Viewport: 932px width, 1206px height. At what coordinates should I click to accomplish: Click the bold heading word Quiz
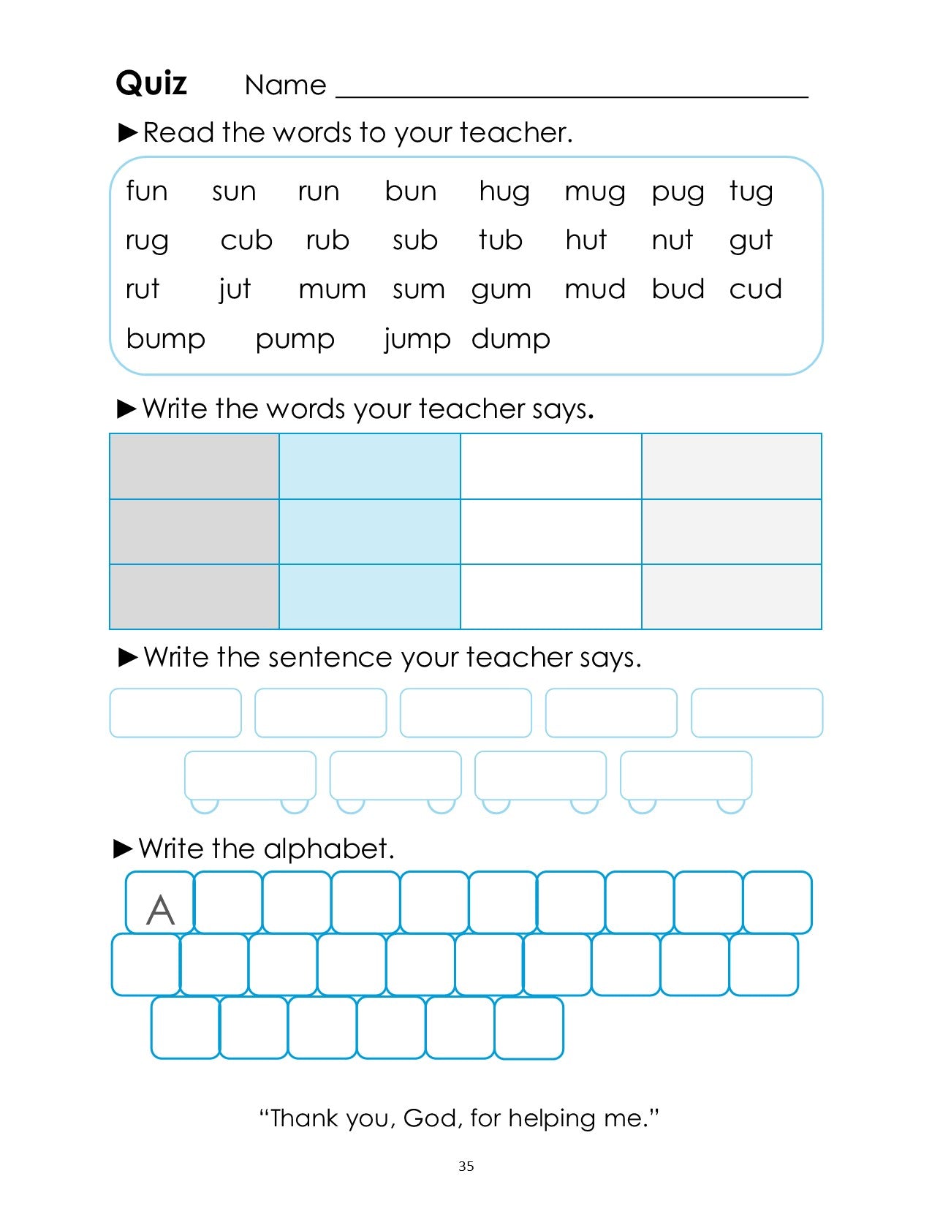click(x=151, y=83)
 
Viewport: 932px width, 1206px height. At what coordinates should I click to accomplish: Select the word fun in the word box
click(x=147, y=191)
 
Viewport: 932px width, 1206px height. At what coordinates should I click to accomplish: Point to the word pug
click(x=678, y=193)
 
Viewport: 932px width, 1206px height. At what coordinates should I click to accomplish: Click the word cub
click(x=246, y=240)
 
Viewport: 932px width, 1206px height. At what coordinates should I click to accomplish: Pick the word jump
click(x=417, y=340)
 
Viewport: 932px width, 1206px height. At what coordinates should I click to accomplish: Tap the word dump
click(x=511, y=339)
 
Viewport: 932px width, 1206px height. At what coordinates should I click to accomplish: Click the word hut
click(x=586, y=240)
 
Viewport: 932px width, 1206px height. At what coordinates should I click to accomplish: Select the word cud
click(x=755, y=289)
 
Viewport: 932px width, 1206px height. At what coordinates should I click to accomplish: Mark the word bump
click(x=166, y=340)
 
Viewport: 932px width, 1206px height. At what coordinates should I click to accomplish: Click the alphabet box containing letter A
click(x=160, y=903)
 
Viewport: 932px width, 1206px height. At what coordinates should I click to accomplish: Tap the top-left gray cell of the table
click(x=194, y=466)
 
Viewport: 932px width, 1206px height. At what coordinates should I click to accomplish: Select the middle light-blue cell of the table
click(x=369, y=531)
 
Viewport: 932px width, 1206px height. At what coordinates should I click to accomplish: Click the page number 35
click(x=466, y=1167)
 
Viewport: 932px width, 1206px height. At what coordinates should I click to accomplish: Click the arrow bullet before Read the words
click(x=128, y=132)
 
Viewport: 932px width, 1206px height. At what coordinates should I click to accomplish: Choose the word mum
click(x=332, y=290)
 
